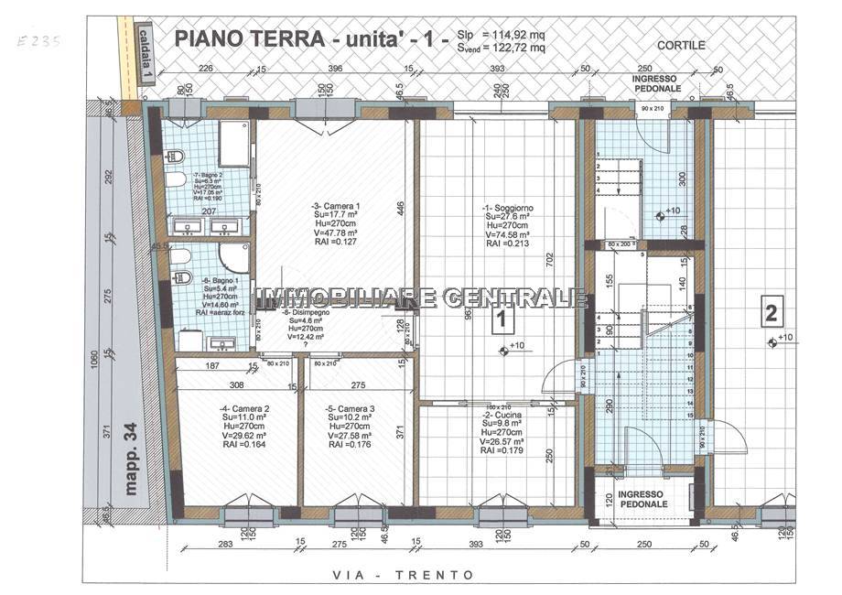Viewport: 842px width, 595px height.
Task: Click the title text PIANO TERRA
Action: click(247, 38)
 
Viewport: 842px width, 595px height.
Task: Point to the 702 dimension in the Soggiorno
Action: click(552, 259)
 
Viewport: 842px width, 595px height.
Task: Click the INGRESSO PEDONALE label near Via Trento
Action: click(642, 499)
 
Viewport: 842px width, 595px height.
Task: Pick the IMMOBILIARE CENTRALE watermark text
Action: click(421, 297)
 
